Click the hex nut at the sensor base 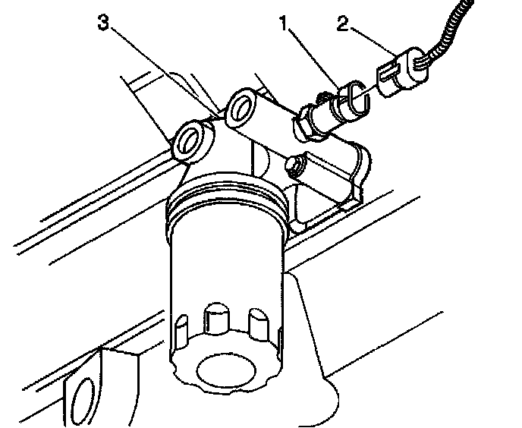310,121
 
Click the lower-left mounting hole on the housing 189,142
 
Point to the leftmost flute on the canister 181,330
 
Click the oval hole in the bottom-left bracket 82,399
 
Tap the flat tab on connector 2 386,76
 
